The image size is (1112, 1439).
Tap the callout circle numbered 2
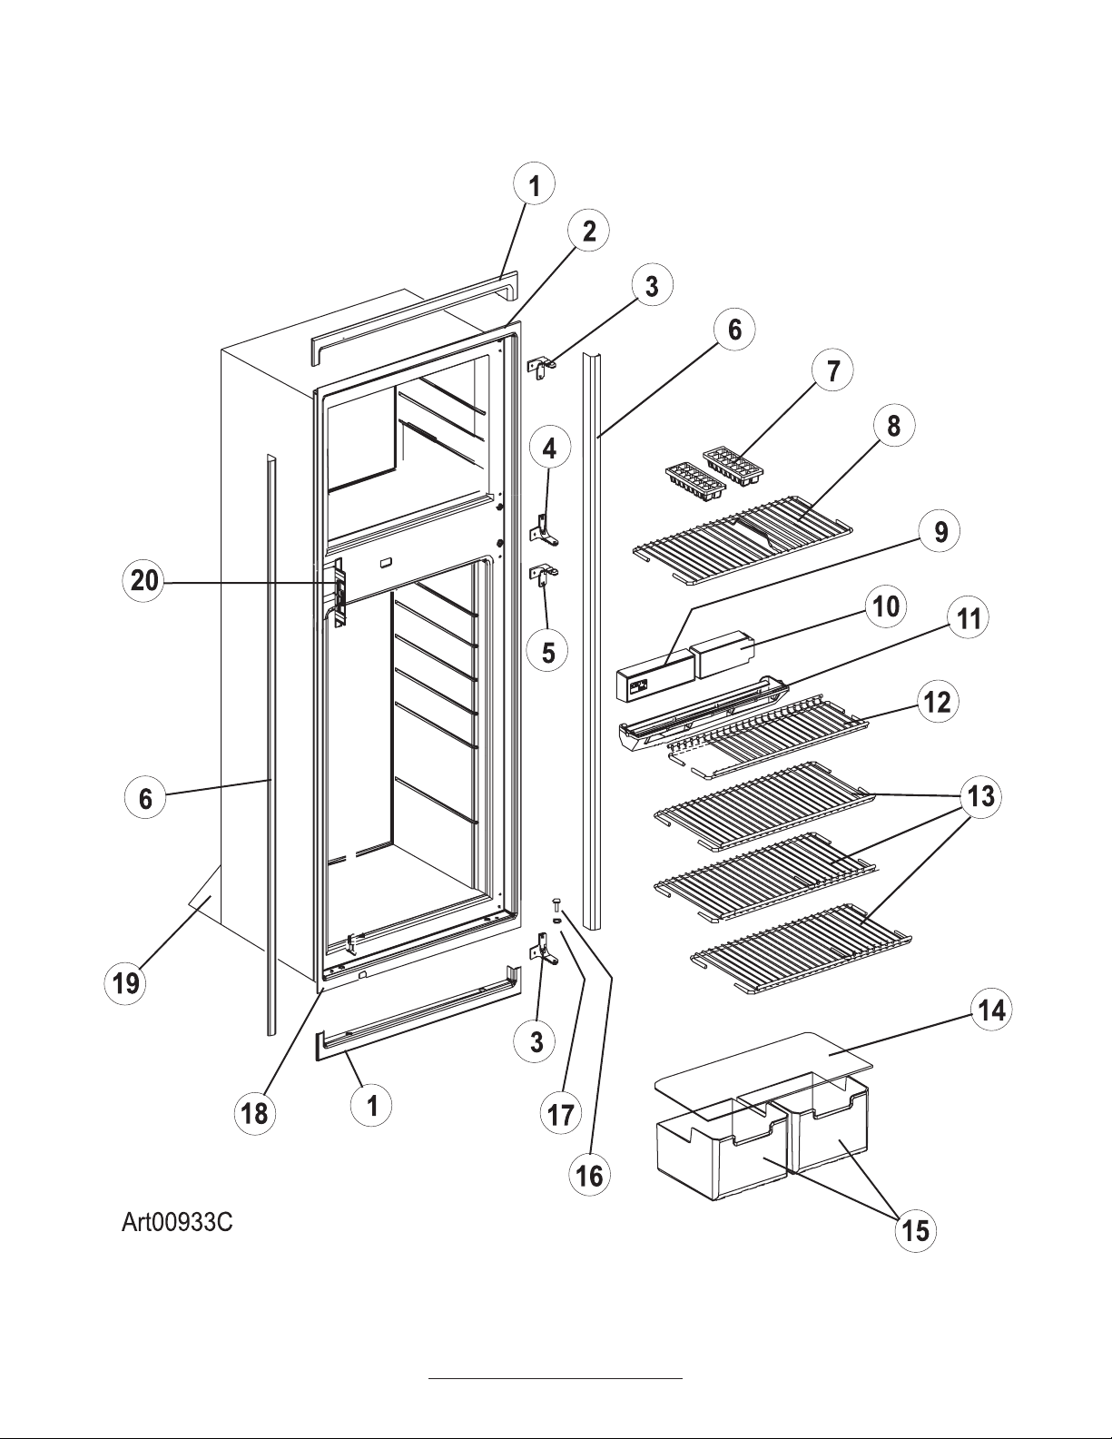coord(589,232)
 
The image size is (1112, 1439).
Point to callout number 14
coord(992,1010)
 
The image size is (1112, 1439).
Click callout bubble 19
coord(126,982)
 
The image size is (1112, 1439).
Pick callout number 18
coord(255,1113)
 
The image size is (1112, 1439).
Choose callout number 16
coord(589,1176)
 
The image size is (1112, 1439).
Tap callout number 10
coord(885,606)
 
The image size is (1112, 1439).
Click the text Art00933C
coord(178,1223)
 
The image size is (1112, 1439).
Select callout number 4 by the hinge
coord(549,448)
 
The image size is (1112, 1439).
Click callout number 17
coord(561,1113)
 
